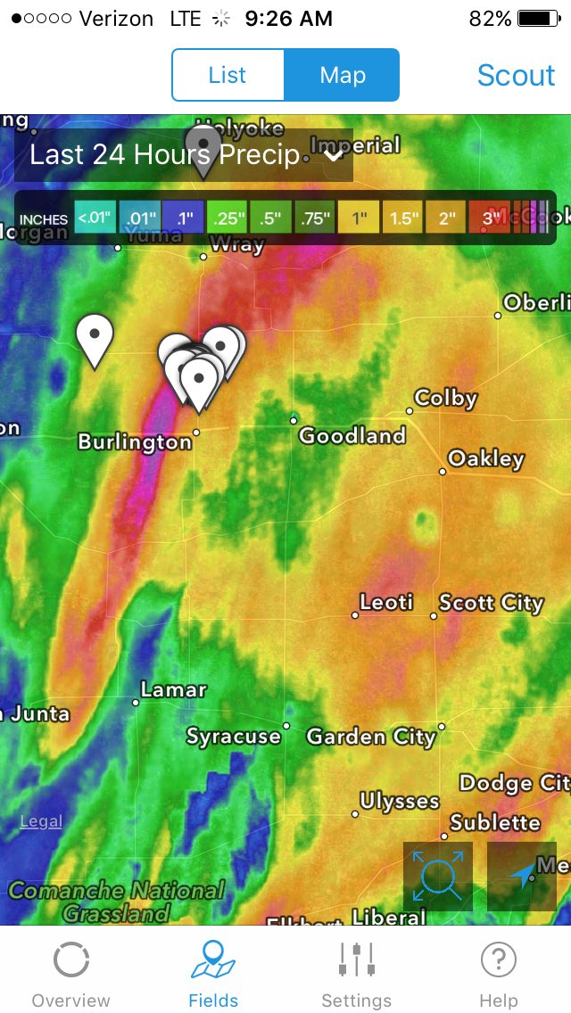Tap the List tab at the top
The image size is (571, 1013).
pyautogui.click(x=228, y=75)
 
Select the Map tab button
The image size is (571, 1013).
pyautogui.click(x=343, y=75)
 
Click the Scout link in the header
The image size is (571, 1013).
pyautogui.click(x=516, y=76)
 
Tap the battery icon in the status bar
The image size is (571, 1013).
pyautogui.click(x=538, y=19)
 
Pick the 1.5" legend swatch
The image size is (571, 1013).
pyautogui.click(x=402, y=218)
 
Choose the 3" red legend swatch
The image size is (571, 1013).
pyautogui.click(x=490, y=218)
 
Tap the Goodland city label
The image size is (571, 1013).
pyautogui.click(x=352, y=436)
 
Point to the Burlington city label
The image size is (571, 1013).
pyautogui.click(x=135, y=442)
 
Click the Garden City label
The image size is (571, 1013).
pyautogui.click(x=371, y=737)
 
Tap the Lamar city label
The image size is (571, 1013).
pyautogui.click(x=173, y=690)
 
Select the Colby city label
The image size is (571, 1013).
pyautogui.click(x=445, y=399)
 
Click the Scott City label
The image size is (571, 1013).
pyautogui.click(x=491, y=603)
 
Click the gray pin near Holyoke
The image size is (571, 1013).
pyautogui.click(x=203, y=148)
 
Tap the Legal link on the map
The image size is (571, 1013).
pyautogui.click(x=41, y=821)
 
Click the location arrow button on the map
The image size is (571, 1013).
pyautogui.click(x=522, y=877)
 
